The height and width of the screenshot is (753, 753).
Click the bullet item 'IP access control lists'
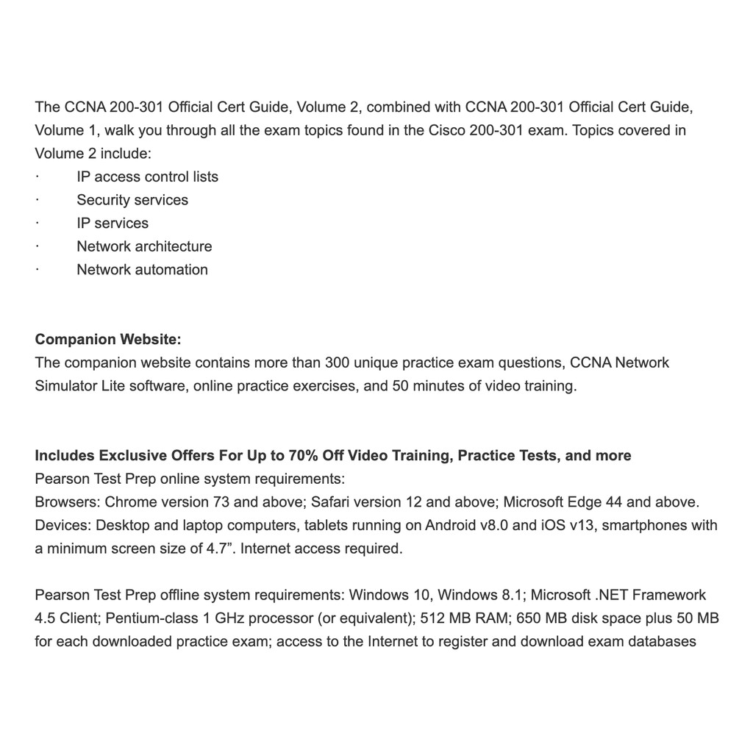pos(147,176)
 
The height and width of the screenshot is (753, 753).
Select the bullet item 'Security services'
pos(132,200)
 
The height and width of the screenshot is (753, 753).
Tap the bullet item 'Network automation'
pos(142,270)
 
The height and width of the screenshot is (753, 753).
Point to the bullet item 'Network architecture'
pos(144,246)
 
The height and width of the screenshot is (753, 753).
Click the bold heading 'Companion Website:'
pos(108,339)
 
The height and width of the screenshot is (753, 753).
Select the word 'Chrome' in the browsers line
pos(129,502)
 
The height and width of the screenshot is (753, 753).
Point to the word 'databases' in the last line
pos(662,642)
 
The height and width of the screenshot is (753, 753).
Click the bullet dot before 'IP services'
pos(37,224)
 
